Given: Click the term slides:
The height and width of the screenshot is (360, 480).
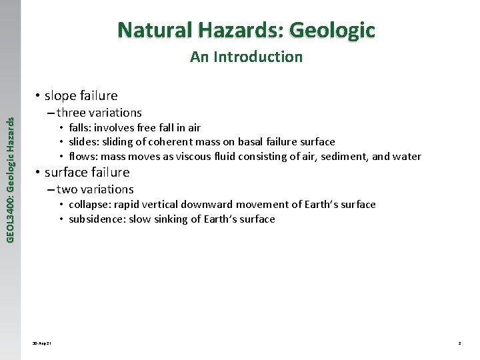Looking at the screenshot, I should tap(85, 141).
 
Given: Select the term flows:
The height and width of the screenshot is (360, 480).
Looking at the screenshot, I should tap(84, 157).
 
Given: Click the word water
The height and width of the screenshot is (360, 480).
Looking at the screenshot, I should tap(408, 157).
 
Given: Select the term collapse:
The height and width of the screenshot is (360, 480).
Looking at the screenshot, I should tap(90, 205).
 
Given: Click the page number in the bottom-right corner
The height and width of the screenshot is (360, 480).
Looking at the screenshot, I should tap(459, 343).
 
